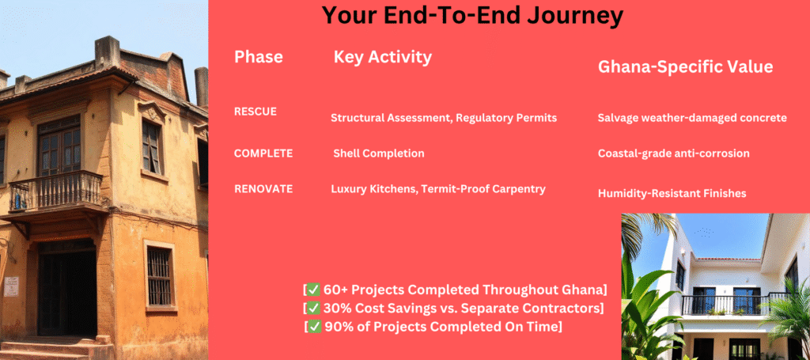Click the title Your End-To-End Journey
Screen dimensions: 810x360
(472, 16)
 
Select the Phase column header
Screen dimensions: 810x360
(259, 57)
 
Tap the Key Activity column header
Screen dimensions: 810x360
(382, 57)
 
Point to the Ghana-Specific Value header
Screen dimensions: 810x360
(685, 67)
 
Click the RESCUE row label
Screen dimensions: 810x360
(255, 112)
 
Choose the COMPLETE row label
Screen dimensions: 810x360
(263, 153)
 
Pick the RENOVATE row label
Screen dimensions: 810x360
(263, 189)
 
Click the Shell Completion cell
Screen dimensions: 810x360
(379, 153)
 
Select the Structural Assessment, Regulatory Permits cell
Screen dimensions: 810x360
(444, 118)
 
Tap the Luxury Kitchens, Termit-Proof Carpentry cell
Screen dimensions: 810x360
(438, 189)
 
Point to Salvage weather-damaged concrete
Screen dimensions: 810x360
(692, 118)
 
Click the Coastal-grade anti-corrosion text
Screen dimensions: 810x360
(674, 153)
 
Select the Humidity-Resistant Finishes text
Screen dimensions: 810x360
(672, 194)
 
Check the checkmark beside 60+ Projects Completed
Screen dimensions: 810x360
(313, 290)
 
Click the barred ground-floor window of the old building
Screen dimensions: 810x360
(159, 277)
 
